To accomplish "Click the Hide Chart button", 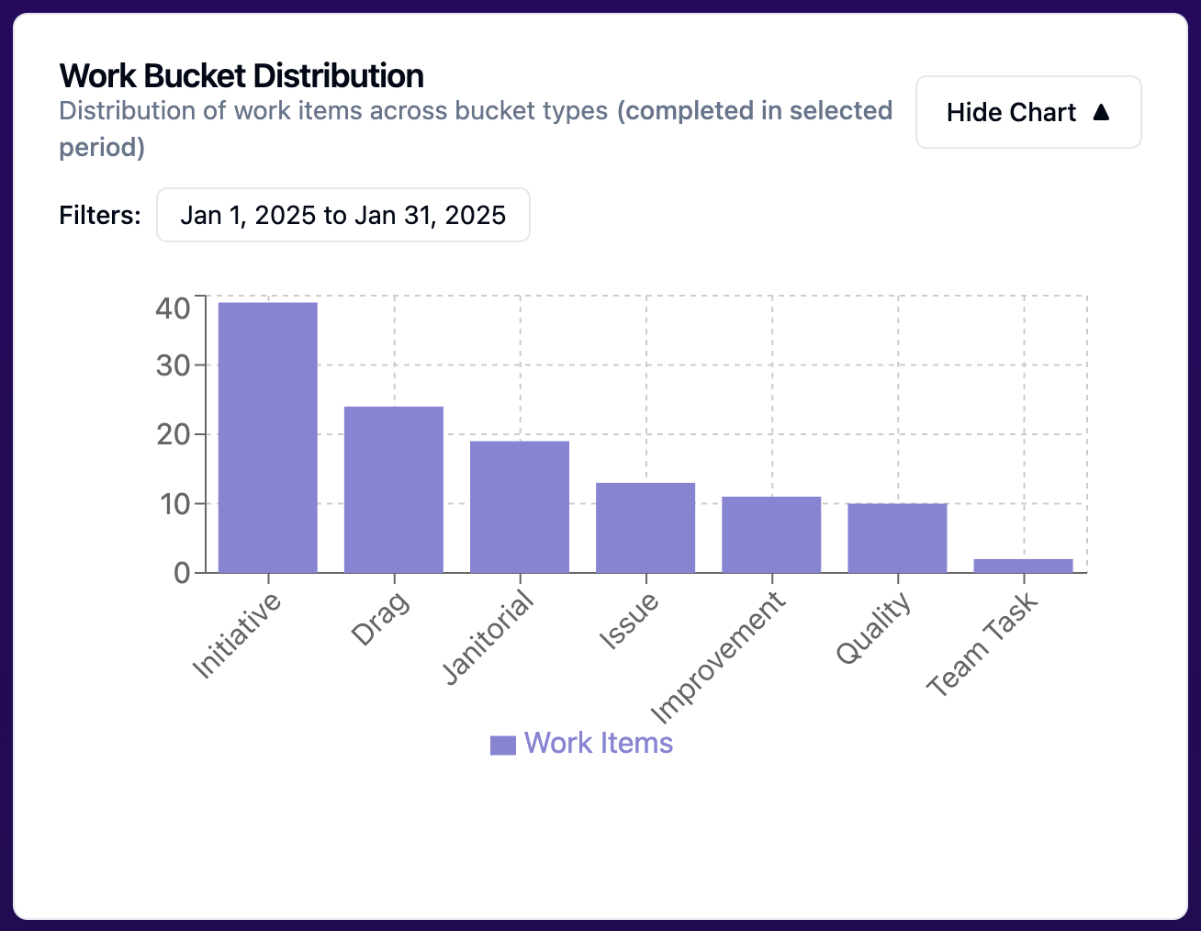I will (1027, 112).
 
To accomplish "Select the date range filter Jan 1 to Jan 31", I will (342, 215).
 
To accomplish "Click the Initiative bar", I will (268, 437).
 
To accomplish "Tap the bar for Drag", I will (394, 489).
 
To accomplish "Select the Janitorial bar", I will (520, 507).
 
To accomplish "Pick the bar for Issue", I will (645, 527).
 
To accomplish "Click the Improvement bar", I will (771, 534).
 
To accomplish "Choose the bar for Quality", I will (897, 538).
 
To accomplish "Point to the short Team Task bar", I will (1023, 566).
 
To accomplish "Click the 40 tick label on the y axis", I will (173, 308).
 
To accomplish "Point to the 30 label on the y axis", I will (173, 365).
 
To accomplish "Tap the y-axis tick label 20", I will (173, 434).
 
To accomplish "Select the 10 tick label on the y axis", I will (173, 503).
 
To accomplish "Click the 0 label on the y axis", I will (182, 573).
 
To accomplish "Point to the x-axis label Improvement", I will (718, 657).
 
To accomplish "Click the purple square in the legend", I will (502, 745).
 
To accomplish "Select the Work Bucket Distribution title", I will (241, 75).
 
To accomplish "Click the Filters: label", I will (100, 215).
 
